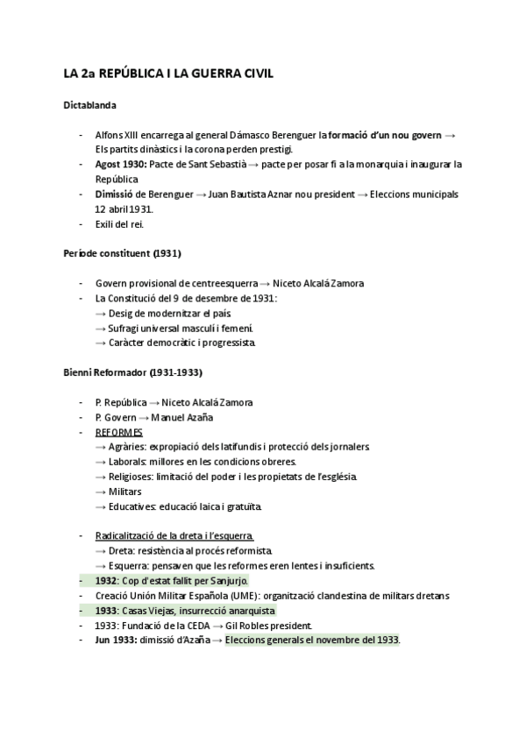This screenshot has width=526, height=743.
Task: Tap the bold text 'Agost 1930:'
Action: pyautogui.click(x=121, y=164)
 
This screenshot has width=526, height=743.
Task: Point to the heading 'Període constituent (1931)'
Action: pyautogui.click(x=122, y=254)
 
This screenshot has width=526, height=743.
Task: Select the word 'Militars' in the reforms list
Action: pyautogui.click(x=126, y=492)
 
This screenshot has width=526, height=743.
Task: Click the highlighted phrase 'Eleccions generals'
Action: pyautogui.click(x=267, y=640)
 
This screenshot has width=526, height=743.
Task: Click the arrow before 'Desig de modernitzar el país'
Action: pyautogui.click(x=101, y=314)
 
